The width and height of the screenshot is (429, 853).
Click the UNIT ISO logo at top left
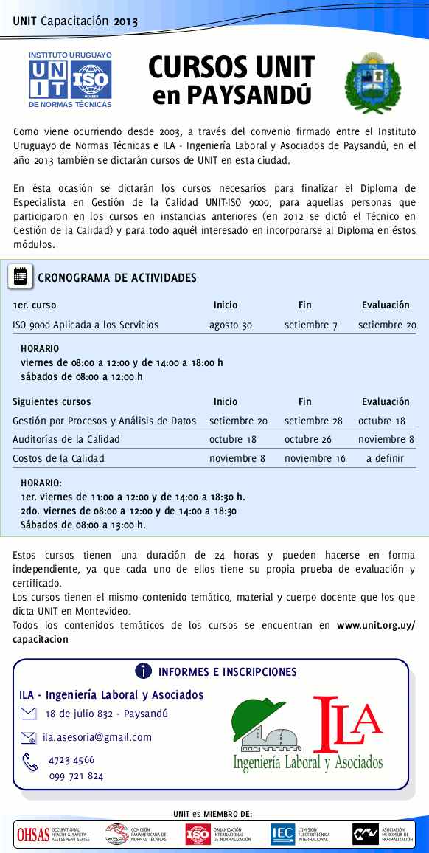pyautogui.click(x=70, y=79)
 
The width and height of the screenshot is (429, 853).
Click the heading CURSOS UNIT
pyautogui.click(x=231, y=67)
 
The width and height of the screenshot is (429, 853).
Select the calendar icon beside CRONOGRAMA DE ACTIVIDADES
pyautogui.click(x=21, y=277)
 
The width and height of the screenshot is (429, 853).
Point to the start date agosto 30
pyautogui.click(x=231, y=325)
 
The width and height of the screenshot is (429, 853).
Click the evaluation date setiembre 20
pyautogui.click(x=386, y=325)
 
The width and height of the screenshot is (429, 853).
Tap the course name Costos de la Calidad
pyautogui.click(x=58, y=458)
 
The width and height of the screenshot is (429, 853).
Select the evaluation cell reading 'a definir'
pyautogui.click(x=386, y=458)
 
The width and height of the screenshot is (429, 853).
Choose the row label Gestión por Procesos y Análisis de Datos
pyautogui.click(x=105, y=421)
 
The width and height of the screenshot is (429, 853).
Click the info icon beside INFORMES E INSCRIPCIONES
pyautogui.click(x=144, y=671)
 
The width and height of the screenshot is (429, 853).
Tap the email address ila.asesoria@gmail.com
pyautogui.click(x=97, y=736)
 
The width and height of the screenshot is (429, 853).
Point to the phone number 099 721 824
pyautogui.click(x=76, y=776)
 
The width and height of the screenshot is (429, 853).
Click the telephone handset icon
pyautogui.click(x=30, y=762)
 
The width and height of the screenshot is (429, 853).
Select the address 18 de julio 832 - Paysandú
pyautogui.click(x=106, y=714)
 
